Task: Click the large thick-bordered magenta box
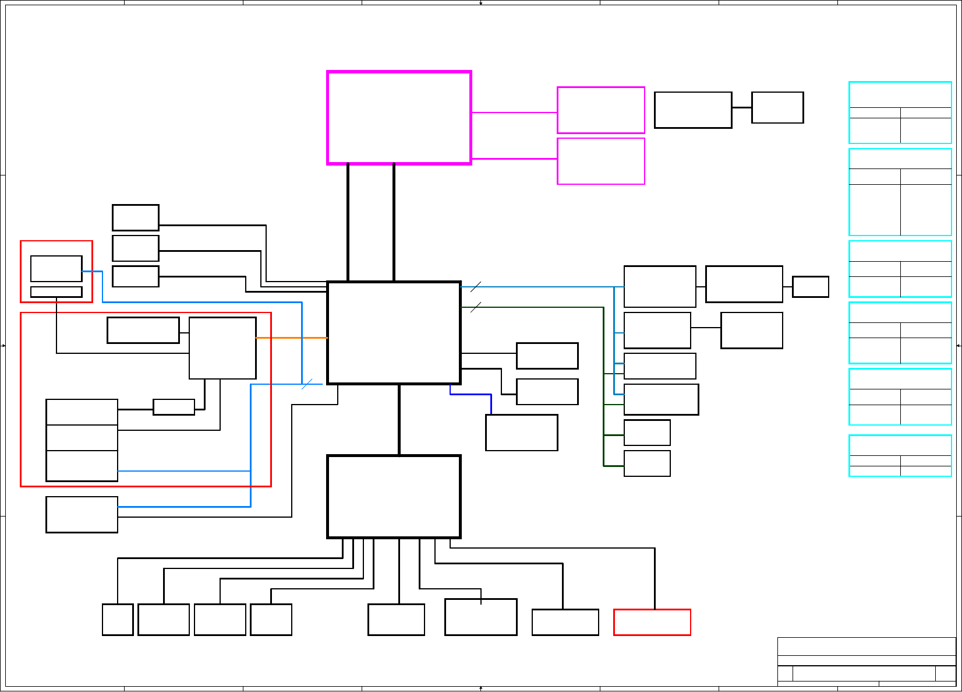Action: coord(399,118)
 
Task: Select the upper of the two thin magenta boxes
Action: coord(600,110)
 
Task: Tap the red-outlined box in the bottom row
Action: coord(652,622)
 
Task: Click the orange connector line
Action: coord(291,338)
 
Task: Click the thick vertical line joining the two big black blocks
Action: coord(399,420)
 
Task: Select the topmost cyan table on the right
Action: coord(900,113)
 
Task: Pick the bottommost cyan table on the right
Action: coord(900,455)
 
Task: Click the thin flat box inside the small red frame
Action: coord(56,291)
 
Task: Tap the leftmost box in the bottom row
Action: coord(118,619)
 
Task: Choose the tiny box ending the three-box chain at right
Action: coord(810,287)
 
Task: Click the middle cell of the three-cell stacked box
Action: coord(82,437)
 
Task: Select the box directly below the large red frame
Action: coord(82,514)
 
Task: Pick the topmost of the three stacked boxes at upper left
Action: coord(135,217)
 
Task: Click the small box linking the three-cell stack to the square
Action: coord(174,407)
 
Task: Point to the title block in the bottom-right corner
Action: coord(866,662)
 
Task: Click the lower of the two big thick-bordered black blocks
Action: coord(394,497)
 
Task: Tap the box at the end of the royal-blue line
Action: coord(521,433)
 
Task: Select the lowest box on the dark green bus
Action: coord(646,463)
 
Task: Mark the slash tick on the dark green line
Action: coord(475,307)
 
